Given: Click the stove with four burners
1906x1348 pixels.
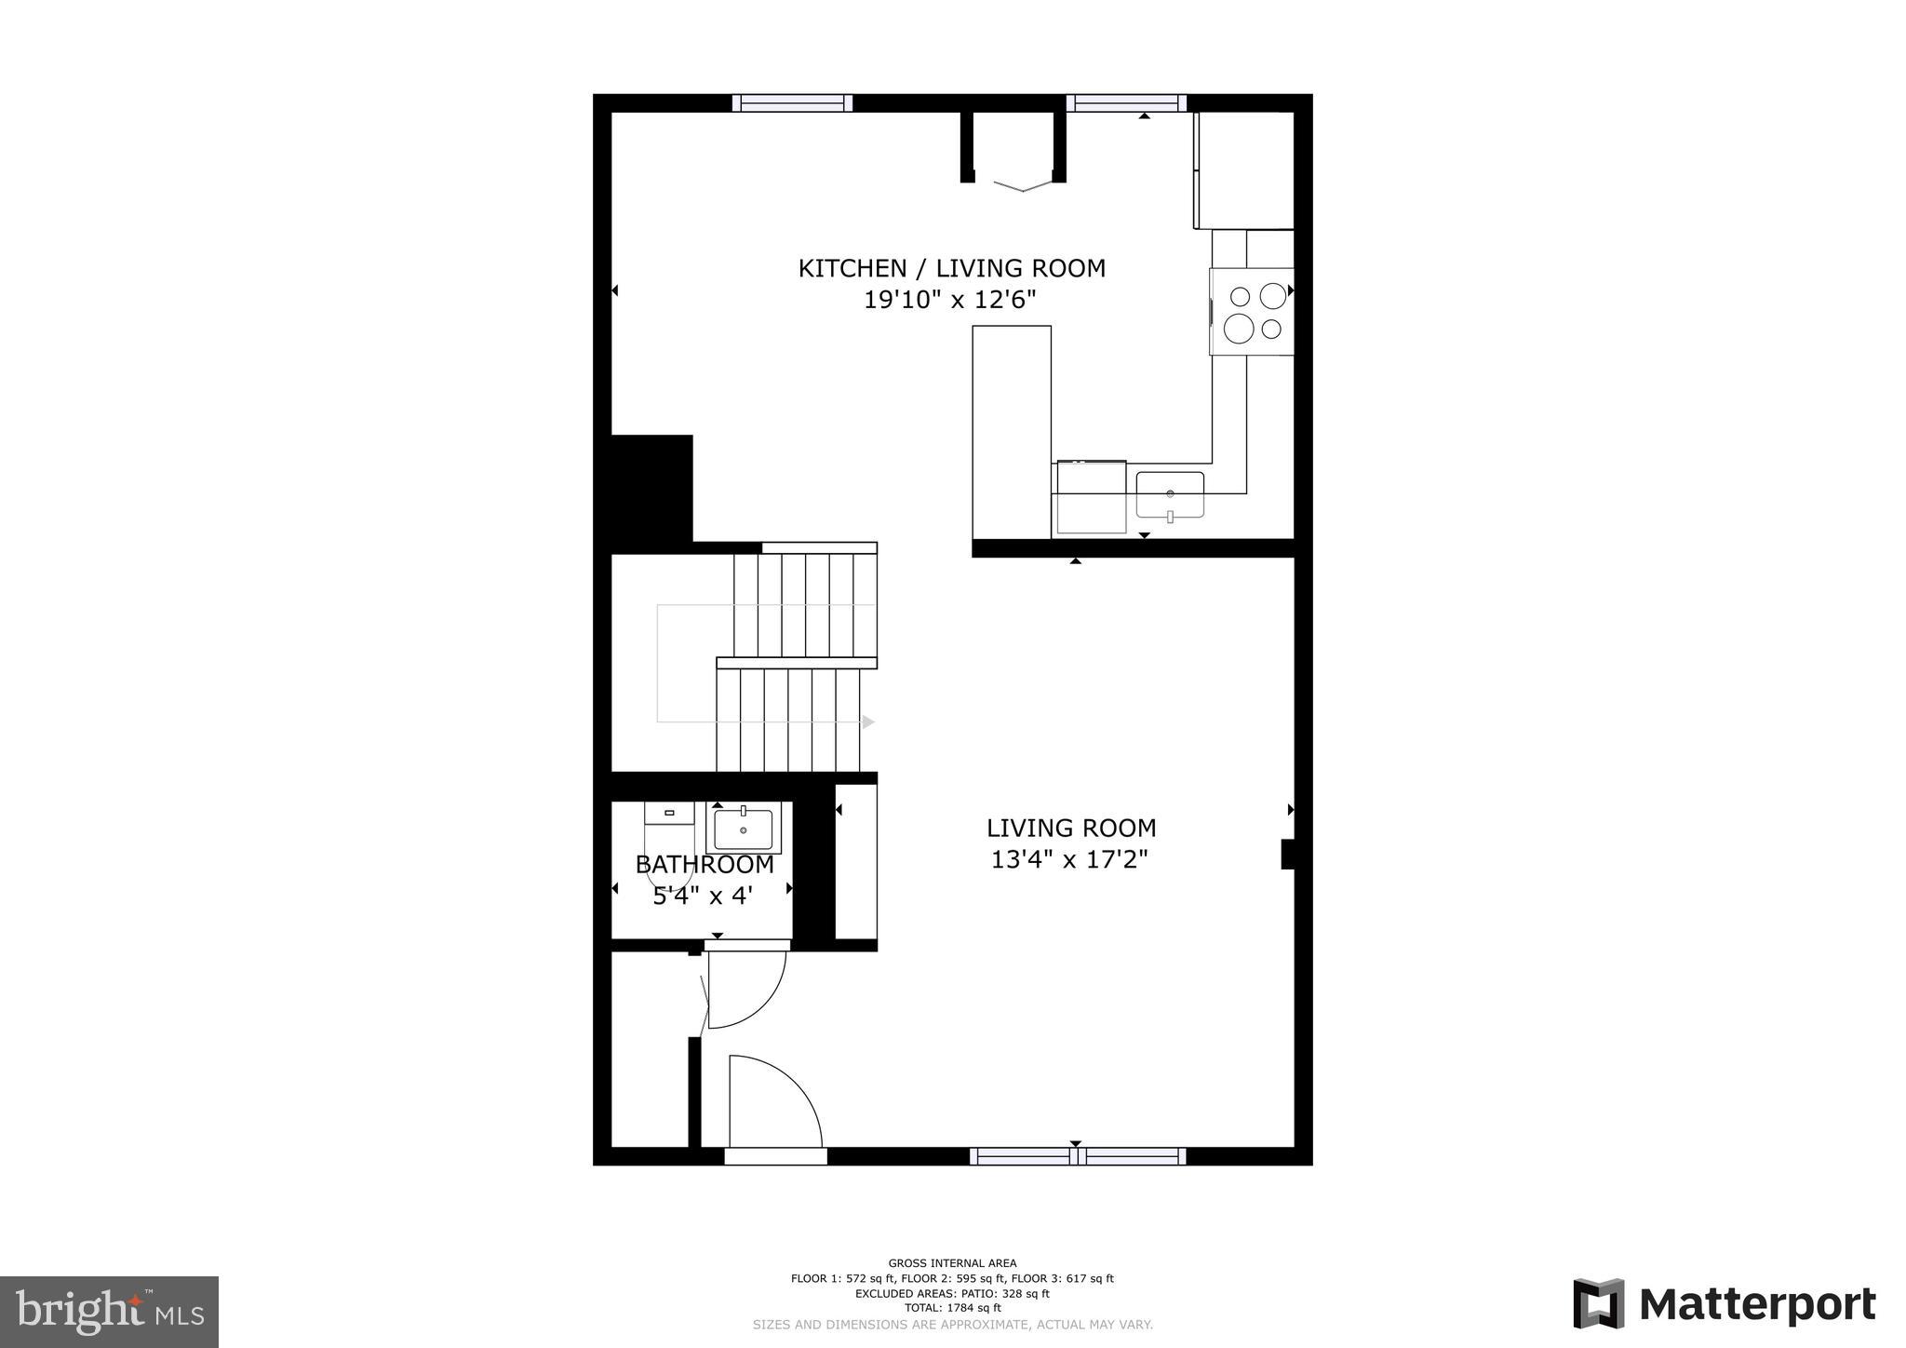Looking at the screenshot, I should tap(1252, 311).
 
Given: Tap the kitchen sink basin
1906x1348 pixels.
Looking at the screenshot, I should tap(1170, 494).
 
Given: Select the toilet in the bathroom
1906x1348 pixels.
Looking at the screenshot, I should tap(669, 842).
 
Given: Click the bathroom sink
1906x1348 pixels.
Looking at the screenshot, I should tap(743, 828).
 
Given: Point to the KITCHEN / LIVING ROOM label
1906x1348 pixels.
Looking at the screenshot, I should tap(951, 268).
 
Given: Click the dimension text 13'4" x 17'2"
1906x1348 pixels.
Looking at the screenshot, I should tap(1069, 859).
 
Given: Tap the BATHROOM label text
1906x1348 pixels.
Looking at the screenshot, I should tap(705, 865).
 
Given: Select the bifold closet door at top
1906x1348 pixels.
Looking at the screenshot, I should tap(1022, 186).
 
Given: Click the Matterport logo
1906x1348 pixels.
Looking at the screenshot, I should tap(1725, 1304).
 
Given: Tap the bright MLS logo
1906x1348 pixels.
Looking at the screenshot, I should tap(109, 1312).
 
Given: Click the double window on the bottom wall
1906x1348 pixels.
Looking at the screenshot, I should tap(1077, 1156).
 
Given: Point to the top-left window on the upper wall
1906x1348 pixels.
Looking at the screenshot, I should tap(792, 102).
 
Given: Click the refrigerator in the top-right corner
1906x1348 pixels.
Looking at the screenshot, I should tap(1243, 169).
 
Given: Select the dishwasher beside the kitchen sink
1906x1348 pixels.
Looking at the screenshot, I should tap(1091, 497).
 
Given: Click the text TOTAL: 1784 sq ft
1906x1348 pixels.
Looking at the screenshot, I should tap(952, 1308).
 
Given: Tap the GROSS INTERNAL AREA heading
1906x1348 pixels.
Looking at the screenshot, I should tap(952, 1263).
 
